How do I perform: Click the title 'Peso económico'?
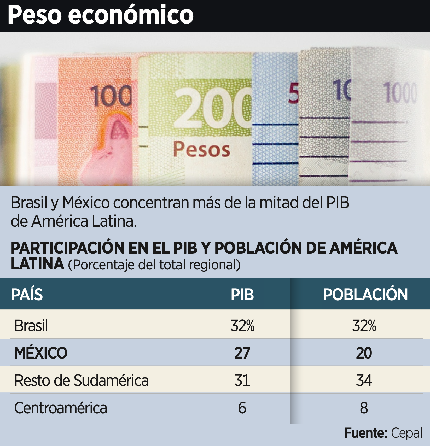click(101, 15)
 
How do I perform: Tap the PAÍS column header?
click(27, 294)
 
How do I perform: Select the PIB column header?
click(242, 295)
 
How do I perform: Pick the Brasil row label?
click(31, 326)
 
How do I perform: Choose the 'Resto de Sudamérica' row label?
click(82, 380)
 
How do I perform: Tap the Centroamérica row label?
click(61, 408)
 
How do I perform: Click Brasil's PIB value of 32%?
click(242, 326)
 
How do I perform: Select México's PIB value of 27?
click(242, 353)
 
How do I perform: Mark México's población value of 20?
click(364, 353)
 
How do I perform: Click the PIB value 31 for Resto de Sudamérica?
click(242, 380)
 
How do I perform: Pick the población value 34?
click(364, 380)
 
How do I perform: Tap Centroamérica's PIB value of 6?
click(242, 408)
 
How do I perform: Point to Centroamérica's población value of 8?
click(364, 408)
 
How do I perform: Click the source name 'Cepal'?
click(406, 433)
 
